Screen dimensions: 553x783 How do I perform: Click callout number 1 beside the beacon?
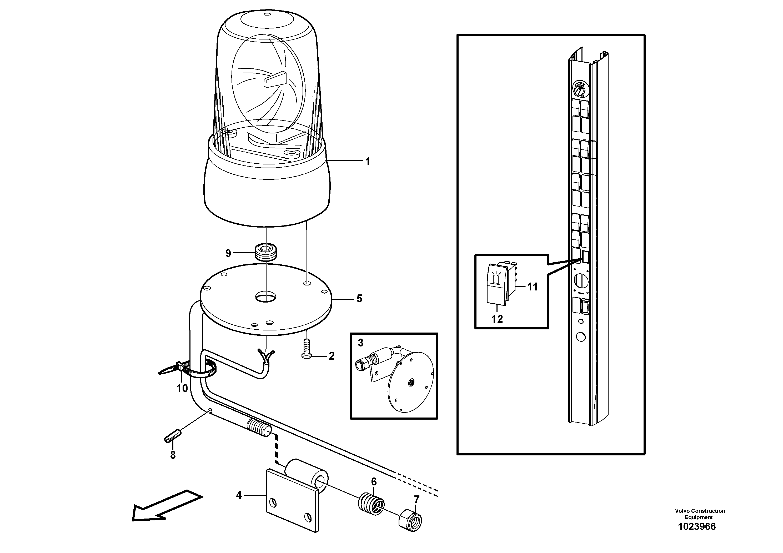367,162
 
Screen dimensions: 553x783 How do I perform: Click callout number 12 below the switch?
497,319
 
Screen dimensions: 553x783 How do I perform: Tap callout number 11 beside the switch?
532,287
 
